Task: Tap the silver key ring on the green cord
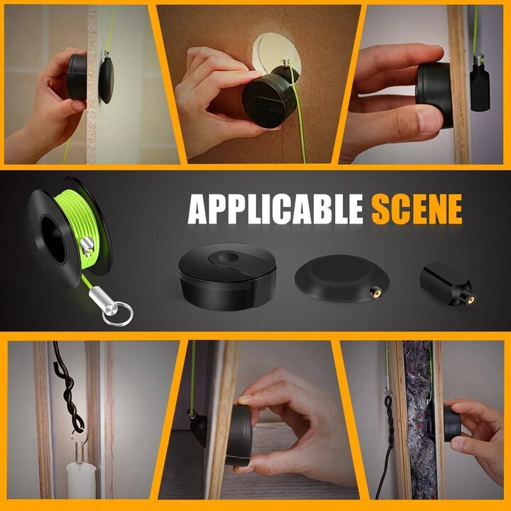(114, 313)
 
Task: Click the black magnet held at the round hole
(269, 101)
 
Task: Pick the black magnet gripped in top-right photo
(434, 94)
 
